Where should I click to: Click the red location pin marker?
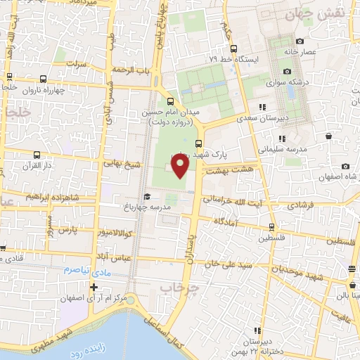(x=180, y=166)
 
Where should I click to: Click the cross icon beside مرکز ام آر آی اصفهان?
(x=94, y=287)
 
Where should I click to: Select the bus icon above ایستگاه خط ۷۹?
(x=234, y=49)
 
